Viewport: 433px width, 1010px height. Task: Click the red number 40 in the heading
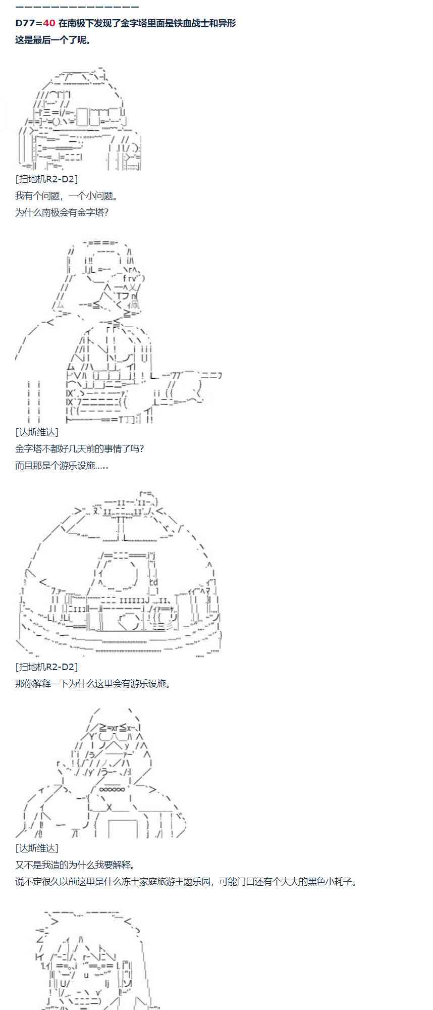click(x=49, y=23)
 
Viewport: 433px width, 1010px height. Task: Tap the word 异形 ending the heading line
click(x=227, y=23)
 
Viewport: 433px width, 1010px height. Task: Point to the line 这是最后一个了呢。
click(x=53, y=40)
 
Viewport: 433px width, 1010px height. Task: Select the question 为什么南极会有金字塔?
click(x=62, y=212)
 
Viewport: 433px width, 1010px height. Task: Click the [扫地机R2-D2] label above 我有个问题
click(x=46, y=179)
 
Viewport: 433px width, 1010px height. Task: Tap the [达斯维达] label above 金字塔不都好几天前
click(x=37, y=432)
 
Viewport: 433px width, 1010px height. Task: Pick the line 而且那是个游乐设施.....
click(x=62, y=465)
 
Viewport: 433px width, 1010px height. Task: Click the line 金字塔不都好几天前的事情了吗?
click(x=80, y=448)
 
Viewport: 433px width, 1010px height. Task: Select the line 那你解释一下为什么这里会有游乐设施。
click(x=93, y=684)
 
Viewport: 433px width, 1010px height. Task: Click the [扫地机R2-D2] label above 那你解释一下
click(x=46, y=667)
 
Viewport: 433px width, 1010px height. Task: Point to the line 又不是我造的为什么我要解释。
click(x=75, y=865)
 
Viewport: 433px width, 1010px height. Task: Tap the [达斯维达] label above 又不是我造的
click(x=37, y=848)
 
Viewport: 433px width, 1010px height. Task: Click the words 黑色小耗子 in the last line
click(x=329, y=882)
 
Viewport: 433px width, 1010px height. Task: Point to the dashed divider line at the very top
click(x=77, y=7)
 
